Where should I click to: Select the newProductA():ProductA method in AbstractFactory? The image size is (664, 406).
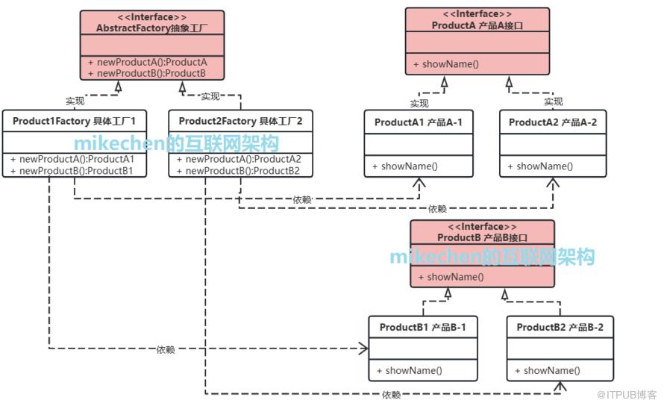[148, 62]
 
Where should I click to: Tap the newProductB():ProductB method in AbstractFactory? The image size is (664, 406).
[146, 73]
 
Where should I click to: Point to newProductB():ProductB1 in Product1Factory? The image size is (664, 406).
[72, 171]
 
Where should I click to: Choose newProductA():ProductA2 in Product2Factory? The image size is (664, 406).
[239, 160]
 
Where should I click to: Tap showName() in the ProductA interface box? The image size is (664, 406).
[446, 64]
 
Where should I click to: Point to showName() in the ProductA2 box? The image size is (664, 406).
[540, 166]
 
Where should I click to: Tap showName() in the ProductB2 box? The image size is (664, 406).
[548, 371]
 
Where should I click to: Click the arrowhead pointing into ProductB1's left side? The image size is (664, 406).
[364, 349]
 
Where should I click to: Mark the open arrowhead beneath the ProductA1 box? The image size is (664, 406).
[419, 183]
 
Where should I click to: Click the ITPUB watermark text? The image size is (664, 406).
[627, 395]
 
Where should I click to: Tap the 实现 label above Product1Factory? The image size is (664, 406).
[75, 101]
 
